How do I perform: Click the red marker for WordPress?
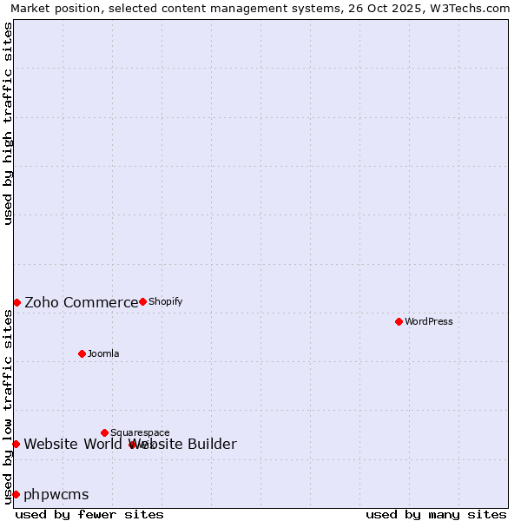[x=399, y=321]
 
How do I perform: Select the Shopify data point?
[x=142, y=301]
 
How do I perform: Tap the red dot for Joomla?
[x=82, y=353]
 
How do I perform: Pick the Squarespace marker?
[x=104, y=432]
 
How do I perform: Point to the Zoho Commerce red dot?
[x=16, y=302]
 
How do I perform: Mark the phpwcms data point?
[x=16, y=494]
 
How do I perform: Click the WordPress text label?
[x=429, y=321]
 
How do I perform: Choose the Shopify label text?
[x=165, y=301]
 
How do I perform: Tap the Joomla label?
[x=103, y=353]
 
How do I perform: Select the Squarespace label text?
[x=140, y=432]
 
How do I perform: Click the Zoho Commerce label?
[x=81, y=302]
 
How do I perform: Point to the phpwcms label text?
[x=56, y=495]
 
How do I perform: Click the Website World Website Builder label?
[x=130, y=445]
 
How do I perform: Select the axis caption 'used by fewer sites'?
[x=89, y=514]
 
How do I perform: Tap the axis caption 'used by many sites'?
[x=436, y=514]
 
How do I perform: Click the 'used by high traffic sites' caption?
[x=8, y=123]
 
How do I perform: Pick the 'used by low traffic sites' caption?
[x=8, y=406]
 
